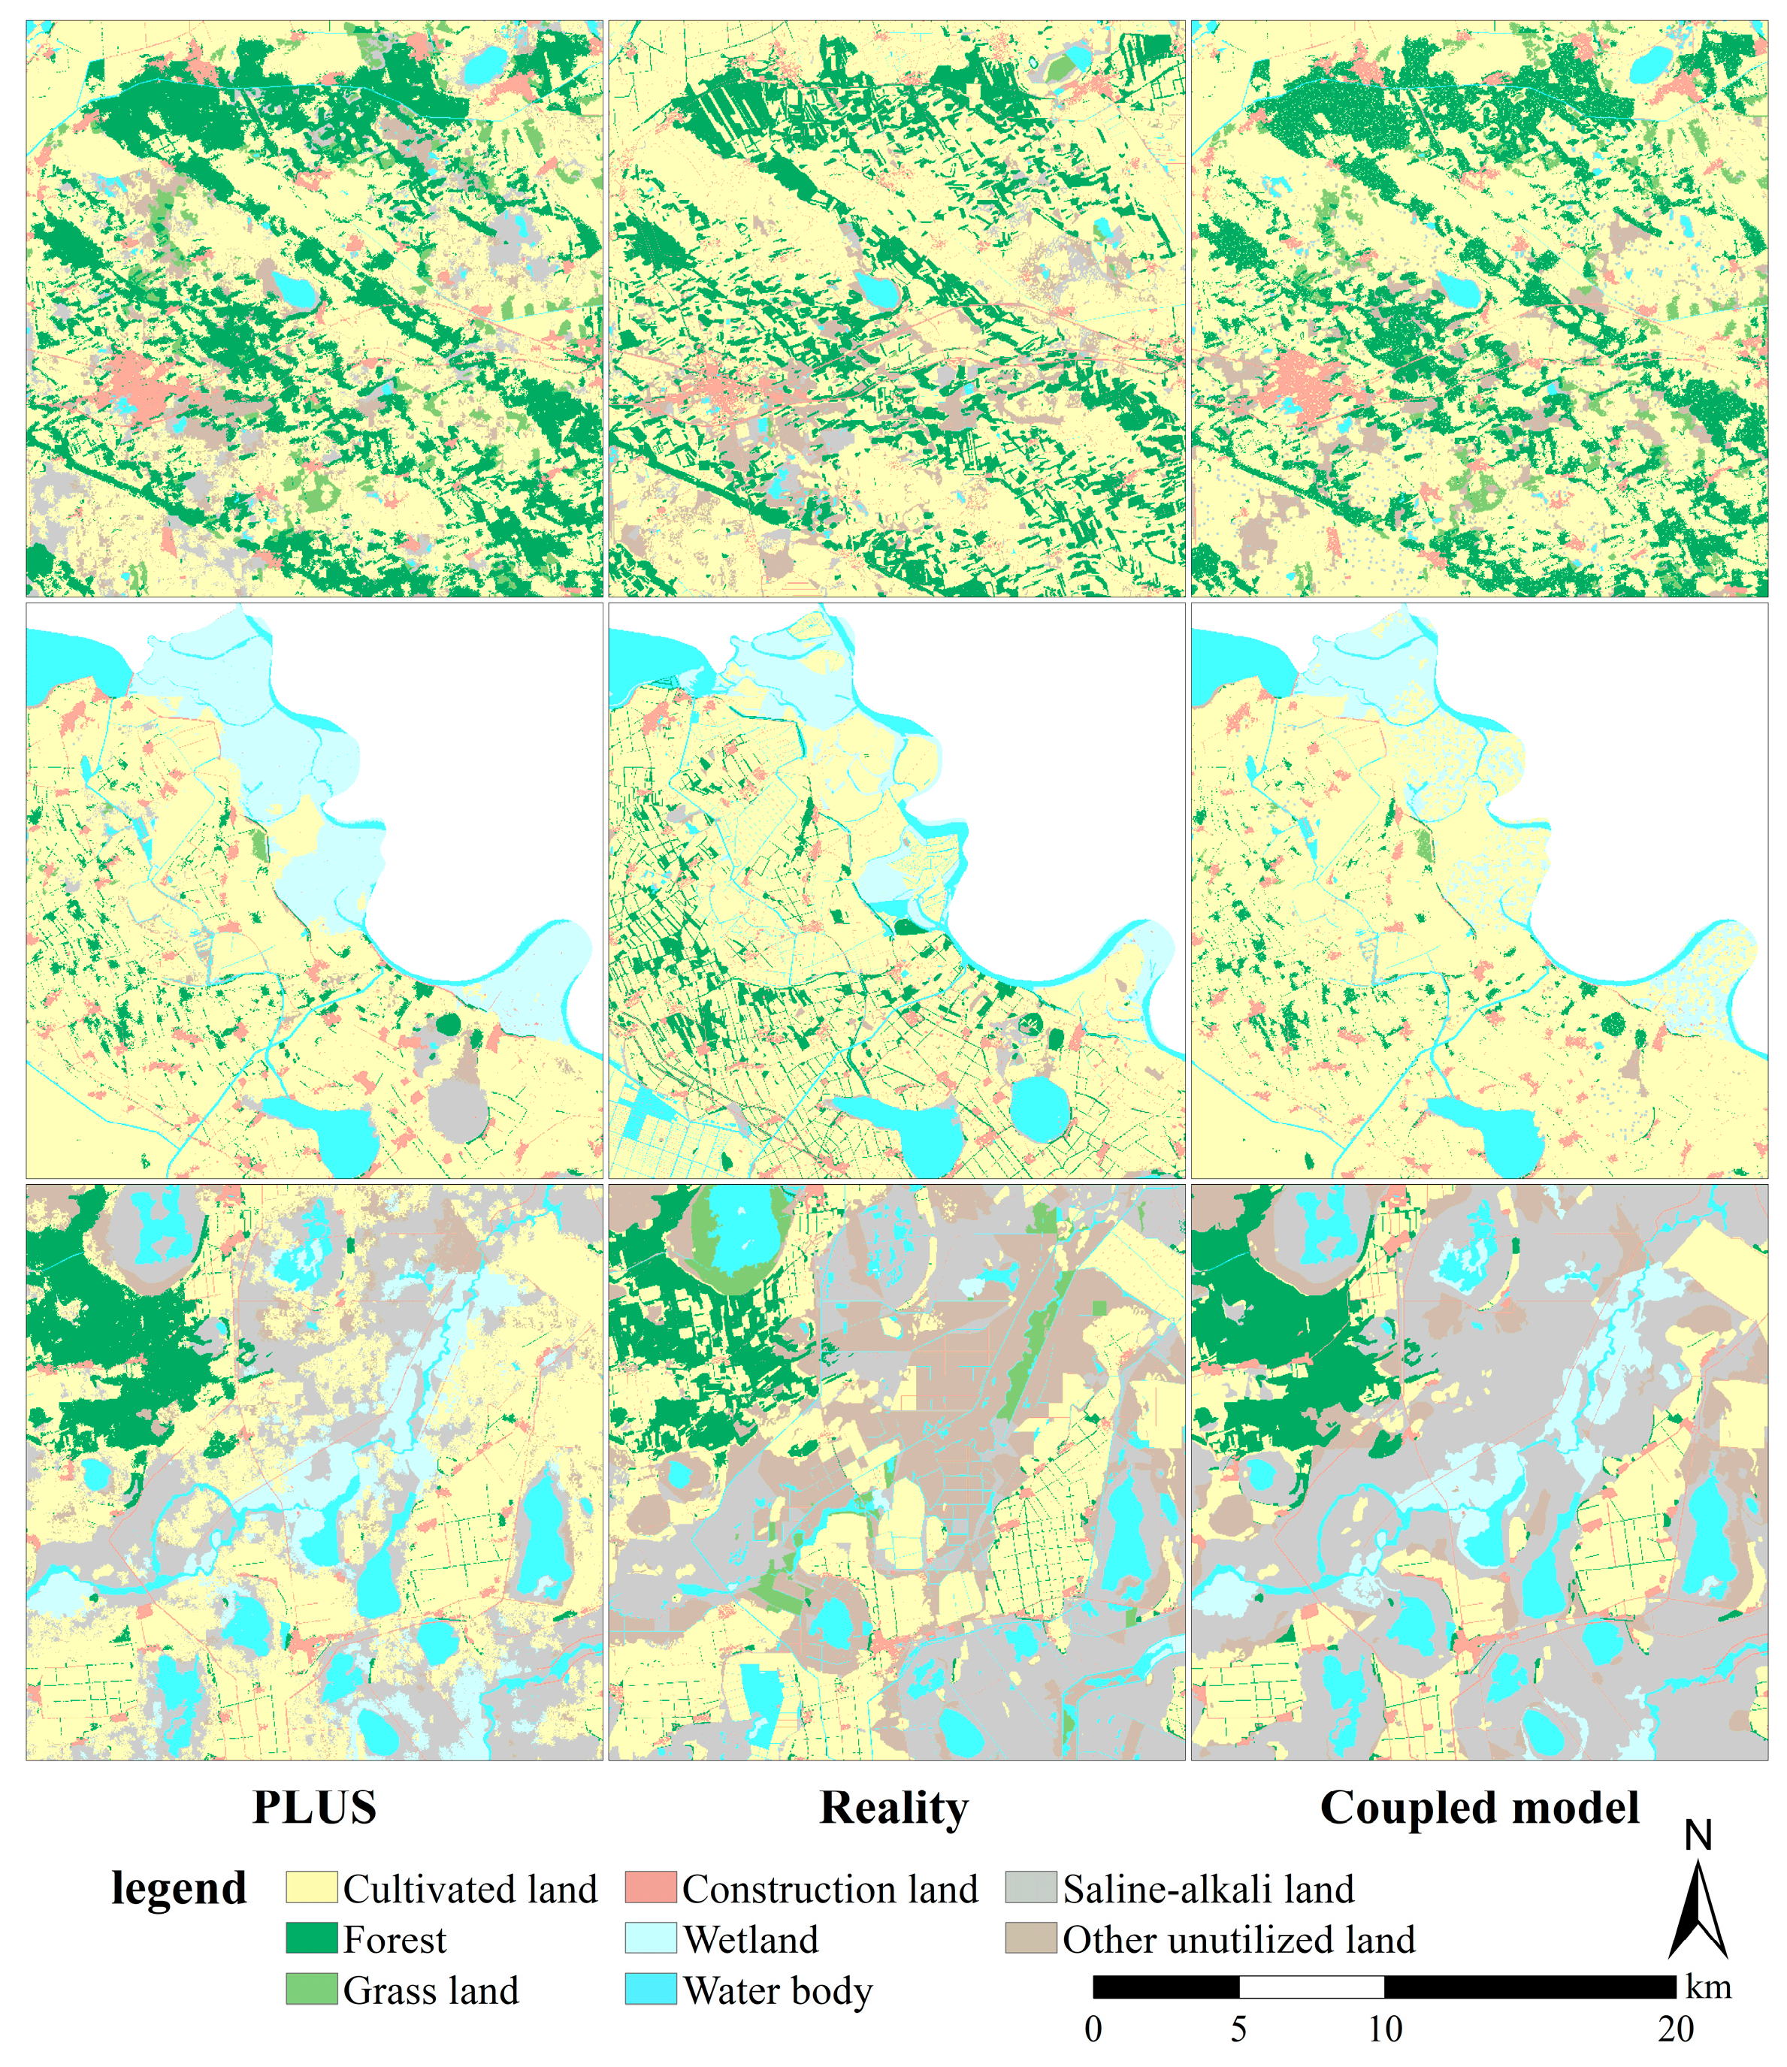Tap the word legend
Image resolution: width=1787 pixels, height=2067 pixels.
coord(179,1888)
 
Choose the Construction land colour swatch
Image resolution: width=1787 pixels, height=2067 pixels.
coord(651,1887)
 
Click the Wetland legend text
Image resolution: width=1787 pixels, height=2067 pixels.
coord(750,1939)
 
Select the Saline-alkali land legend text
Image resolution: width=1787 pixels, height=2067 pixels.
coord(1208,1888)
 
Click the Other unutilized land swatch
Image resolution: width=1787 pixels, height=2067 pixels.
coord(1031,1939)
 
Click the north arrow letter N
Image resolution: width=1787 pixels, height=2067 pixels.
coord(1698,1836)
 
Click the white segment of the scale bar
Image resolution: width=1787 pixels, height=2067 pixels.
coord(1311,1987)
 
